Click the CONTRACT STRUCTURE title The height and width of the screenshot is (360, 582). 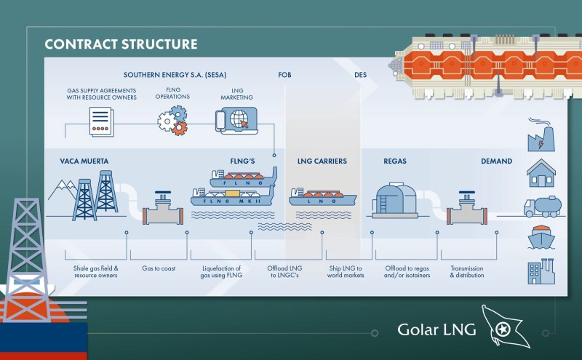(121, 44)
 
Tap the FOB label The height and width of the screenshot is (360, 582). (284, 75)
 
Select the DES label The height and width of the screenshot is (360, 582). (360, 75)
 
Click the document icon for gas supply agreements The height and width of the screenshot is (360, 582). (101, 121)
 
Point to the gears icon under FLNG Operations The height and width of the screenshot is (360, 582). (172, 120)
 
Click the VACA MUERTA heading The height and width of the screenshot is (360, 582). (84, 161)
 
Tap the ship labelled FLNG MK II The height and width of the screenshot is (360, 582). (232, 196)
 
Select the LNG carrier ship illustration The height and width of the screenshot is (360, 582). (322, 197)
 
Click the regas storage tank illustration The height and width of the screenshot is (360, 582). (395, 200)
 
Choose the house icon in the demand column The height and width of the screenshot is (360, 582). (541, 173)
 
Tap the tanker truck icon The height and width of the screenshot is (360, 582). (542, 207)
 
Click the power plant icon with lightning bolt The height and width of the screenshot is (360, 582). (541, 135)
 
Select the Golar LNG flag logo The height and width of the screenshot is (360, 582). (506, 327)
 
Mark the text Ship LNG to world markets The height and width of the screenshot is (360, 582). (346, 272)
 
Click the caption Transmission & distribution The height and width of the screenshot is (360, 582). (467, 272)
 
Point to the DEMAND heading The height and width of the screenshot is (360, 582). (497, 161)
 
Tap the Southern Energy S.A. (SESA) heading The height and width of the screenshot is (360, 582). (175, 75)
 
